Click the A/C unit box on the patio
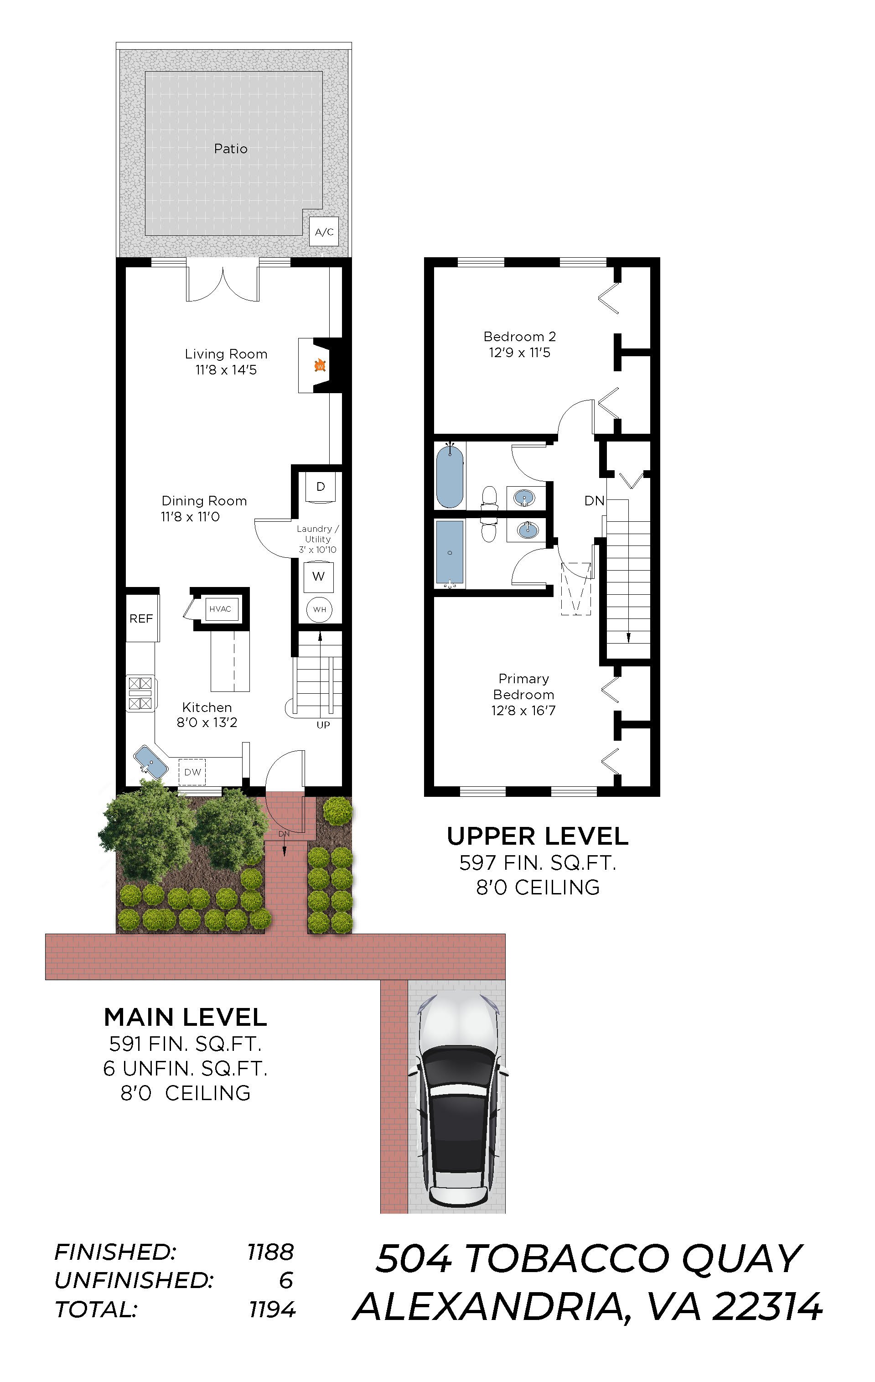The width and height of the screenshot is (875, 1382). tap(324, 232)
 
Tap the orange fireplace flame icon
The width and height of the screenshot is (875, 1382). tap(320, 365)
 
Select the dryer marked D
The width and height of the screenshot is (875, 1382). tap(321, 487)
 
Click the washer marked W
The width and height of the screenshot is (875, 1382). tap(318, 576)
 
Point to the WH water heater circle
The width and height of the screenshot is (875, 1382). tap(320, 609)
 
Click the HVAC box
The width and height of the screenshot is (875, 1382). tap(220, 609)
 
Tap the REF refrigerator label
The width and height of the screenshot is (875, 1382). tap(141, 618)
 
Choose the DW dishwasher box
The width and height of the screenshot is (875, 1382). tap(192, 772)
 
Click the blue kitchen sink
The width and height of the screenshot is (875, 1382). tap(151, 762)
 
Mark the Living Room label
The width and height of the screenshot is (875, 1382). tap(226, 354)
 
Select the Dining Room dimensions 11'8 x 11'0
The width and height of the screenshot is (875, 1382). tap(190, 516)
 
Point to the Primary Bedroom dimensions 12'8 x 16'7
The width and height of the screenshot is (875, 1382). tap(523, 711)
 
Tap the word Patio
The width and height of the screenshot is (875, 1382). tap(231, 149)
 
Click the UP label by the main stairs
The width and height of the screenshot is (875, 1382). tap(323, 725)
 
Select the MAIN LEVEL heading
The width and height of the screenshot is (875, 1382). tap(185, 1017)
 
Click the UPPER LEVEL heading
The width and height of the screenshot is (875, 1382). tap(538, 836)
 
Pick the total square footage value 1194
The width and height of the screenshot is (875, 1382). tap(272, 1309)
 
